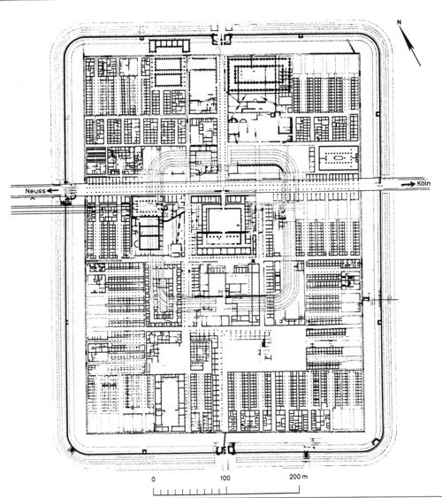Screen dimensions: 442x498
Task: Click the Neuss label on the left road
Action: (x=35, y=191)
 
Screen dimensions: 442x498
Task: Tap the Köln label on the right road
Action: (x=423, y=184)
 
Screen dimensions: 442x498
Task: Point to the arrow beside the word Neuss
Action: (x=53, y=190)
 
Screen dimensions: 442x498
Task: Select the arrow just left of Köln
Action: (x=408, y=184)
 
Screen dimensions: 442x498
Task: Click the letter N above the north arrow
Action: (x=400, y=22)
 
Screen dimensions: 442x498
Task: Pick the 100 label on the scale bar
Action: (x=225, y=478)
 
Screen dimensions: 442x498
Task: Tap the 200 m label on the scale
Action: (x=298, y=477)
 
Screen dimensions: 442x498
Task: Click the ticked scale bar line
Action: (x=226, y=492)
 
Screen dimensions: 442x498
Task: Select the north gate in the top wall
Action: (x=222, y=39)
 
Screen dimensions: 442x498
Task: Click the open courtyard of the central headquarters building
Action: (x=225, y=220)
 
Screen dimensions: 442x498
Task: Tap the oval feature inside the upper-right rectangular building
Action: (x=338, y=157)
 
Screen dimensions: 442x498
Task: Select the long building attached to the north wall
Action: (x=170, y=45)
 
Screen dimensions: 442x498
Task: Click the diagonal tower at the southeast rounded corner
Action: (x=376, y=441)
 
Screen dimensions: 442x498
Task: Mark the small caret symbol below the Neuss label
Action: (x=32, y=198)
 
